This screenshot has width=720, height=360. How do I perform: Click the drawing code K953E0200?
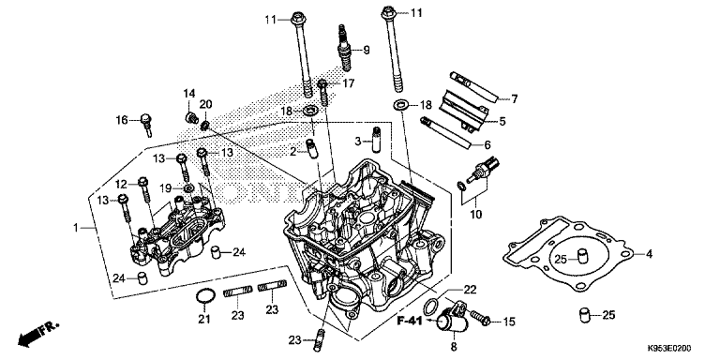click(x=667, y=348)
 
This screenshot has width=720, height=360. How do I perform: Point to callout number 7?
click(x=515, y=98)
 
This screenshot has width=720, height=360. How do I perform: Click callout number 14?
click(x=187, y=93)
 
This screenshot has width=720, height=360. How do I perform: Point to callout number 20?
click(x=206, y=104)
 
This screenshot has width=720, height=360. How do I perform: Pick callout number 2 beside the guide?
click(x=292, y=150)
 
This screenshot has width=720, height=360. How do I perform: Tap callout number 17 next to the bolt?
click(x=349, y=83)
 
